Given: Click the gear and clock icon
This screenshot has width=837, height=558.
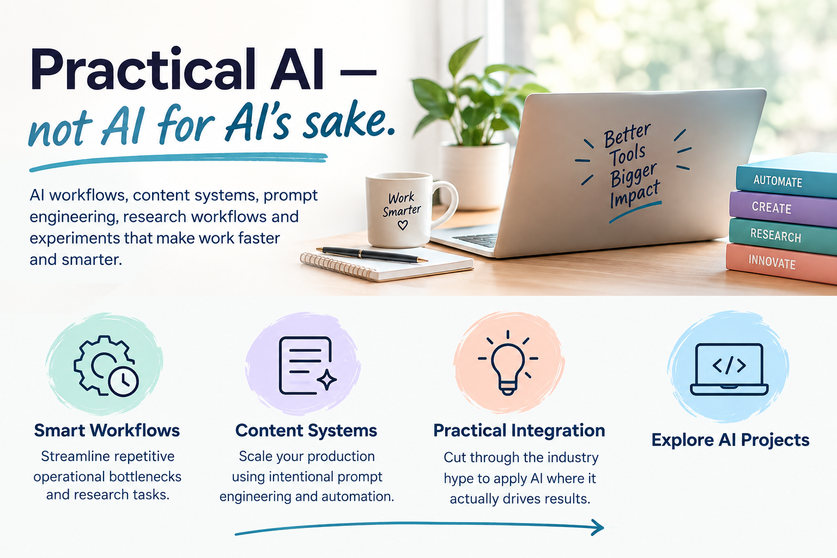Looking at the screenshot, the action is point(106,366).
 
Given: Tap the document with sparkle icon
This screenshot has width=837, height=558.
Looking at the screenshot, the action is point(307,366).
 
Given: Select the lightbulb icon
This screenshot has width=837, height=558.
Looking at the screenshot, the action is point(508,363).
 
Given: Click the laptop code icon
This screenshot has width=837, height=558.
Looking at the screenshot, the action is point(729,369).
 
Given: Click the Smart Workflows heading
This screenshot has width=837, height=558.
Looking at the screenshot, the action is point(107,430).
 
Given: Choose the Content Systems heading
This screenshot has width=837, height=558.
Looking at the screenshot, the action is point(306,430).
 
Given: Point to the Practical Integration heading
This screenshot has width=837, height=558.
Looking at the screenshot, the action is point(519,430).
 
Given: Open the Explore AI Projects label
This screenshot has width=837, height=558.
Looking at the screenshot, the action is point(731,440).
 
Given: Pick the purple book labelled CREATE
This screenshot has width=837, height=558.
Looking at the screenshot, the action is point(784,209).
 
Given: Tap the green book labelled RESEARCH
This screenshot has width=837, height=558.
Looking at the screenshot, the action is point(783,236).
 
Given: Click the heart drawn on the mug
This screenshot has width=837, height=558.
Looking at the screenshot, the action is point(403,225).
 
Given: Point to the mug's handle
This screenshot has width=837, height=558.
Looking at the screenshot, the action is point(450,204).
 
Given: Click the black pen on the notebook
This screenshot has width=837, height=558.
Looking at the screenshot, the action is point(372,254).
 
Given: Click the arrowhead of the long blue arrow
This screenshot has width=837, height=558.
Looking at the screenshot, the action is point(597,527).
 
